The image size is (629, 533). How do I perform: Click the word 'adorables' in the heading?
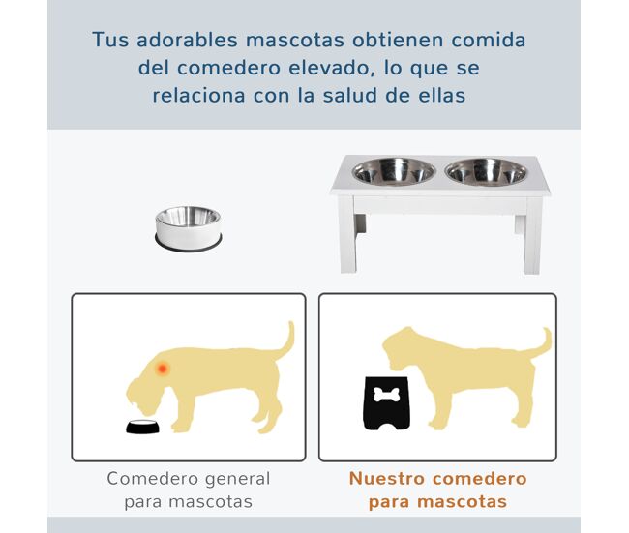(188, 40)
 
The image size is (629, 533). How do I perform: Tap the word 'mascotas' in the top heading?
(295, 40)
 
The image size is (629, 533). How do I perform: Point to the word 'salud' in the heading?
(350, 96)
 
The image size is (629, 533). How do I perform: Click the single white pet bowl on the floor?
(188, 228)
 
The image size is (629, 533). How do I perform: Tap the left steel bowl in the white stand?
(394, 171)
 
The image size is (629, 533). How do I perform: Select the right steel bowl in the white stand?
(486, 171)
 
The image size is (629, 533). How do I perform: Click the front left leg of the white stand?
(347, 234)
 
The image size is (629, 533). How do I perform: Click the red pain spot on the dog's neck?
(162, 368)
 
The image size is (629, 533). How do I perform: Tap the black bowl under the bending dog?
(142, 427)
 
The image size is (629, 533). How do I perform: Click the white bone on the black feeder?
(387, 395)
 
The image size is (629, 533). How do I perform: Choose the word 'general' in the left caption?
(237, 479)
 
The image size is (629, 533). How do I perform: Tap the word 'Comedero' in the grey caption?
(153, 479)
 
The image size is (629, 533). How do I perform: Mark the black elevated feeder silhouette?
(387, 403)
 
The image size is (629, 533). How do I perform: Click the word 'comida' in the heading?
(489, 40)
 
